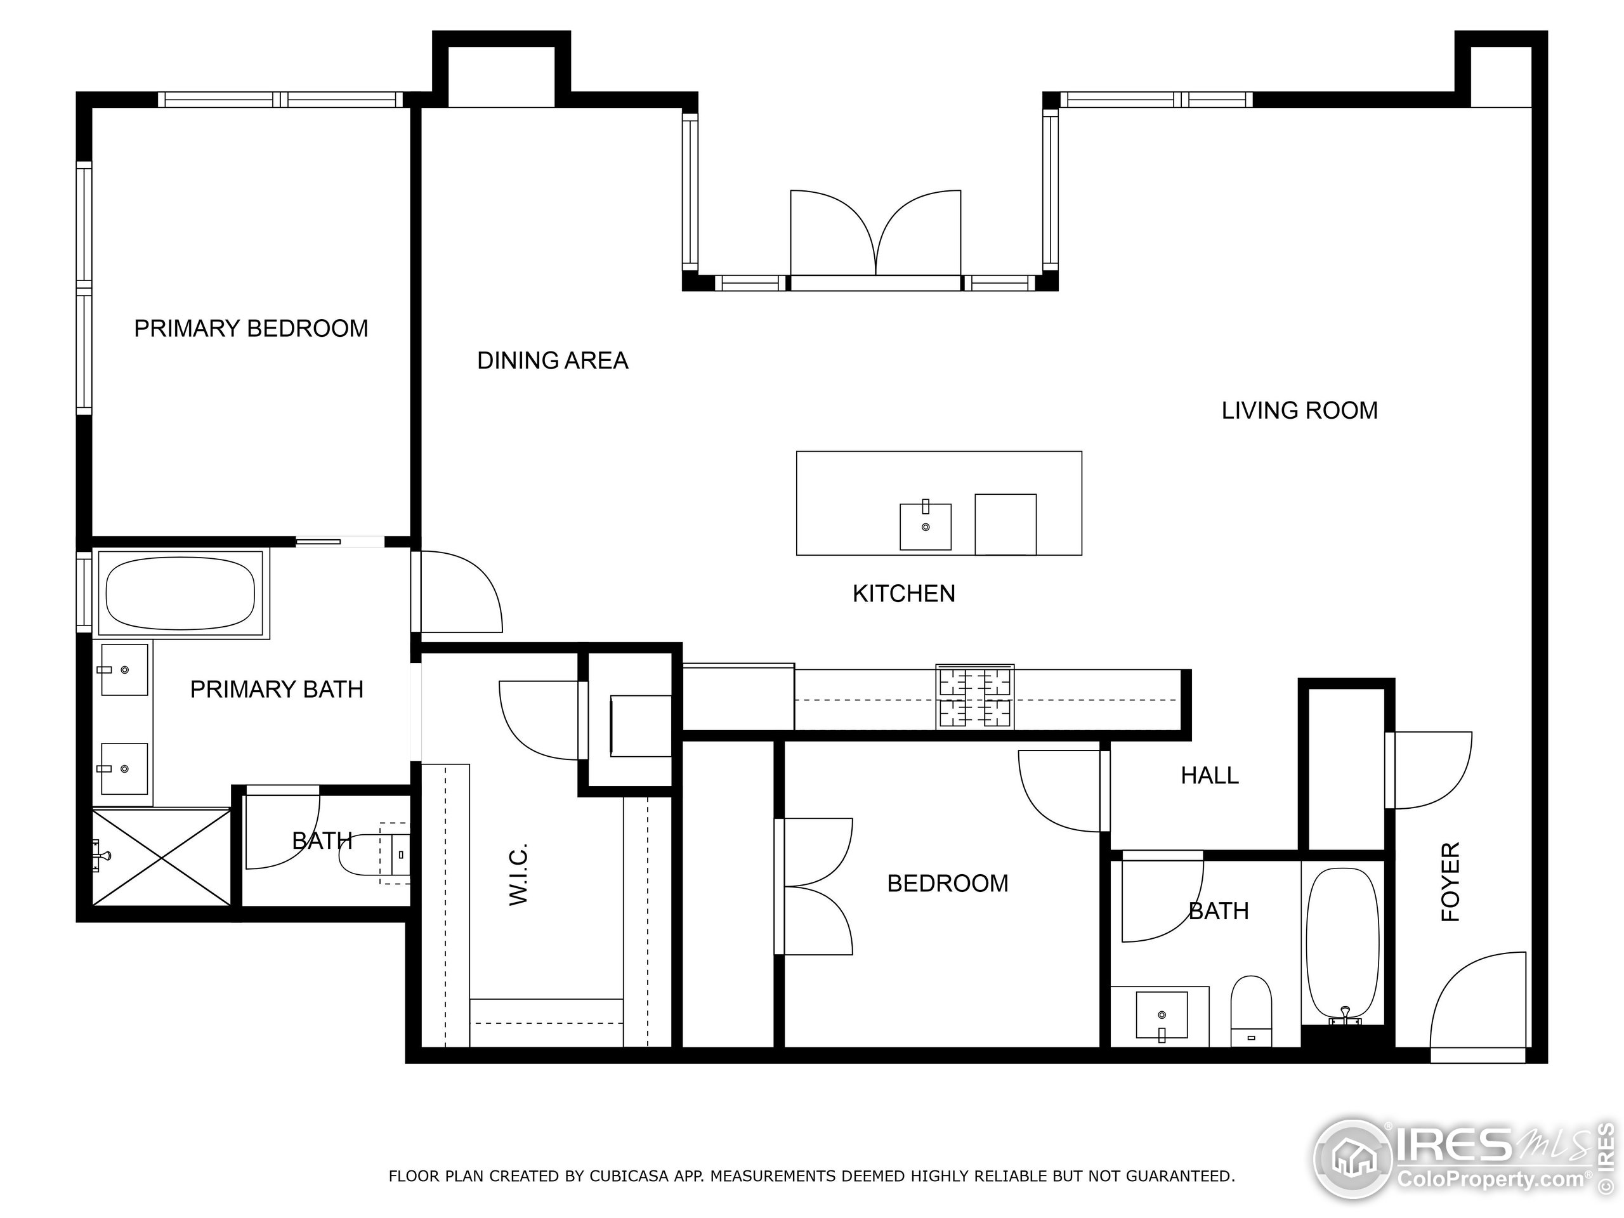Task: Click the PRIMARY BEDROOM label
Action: point(251,328)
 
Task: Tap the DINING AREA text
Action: point(552,360)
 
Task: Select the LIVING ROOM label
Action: point(1299,410)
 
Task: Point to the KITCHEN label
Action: point(903,593)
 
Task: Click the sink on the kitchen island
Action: point(925,527)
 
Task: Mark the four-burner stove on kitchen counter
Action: point(974,697)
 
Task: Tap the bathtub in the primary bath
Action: point(180,593)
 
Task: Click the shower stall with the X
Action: point(160,857)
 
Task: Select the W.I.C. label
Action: point(518,874)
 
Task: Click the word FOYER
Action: point(1450,882)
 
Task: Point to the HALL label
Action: point(1209,775)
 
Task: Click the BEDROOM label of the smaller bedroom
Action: point(947,883)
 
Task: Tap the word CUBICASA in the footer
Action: point(629,1176)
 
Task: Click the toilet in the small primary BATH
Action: point(370,855)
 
